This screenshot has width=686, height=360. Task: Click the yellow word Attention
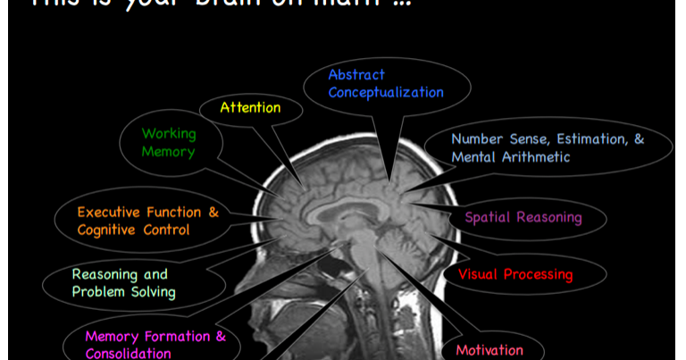[251, 108]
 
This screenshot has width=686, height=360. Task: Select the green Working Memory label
[168, 143]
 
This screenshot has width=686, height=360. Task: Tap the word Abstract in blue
[356, 75]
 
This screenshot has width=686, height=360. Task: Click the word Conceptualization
[386, 92]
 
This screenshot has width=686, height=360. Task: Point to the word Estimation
[581, 139]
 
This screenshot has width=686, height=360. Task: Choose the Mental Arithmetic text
[511, 157]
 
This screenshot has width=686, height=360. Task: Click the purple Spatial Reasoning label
[523, 217]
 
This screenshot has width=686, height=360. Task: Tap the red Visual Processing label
[515, 274]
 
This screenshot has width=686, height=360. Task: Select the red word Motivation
[489, 349]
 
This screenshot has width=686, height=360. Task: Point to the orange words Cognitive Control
[133, 230]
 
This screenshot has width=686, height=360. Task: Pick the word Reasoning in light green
[106, 274]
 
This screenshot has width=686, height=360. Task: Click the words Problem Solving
[123, 292]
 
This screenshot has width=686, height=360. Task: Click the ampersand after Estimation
[639, 139]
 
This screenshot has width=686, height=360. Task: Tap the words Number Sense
[488, 139]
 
